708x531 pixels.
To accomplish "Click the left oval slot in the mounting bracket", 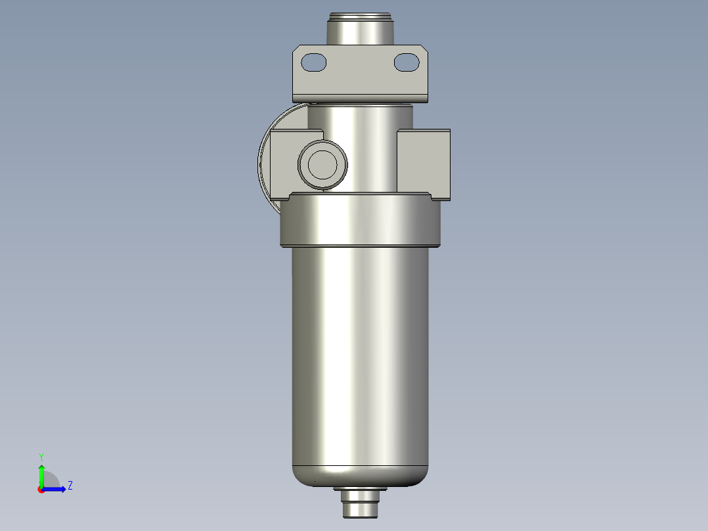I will tap(313, 62).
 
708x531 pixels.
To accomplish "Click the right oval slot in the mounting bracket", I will tap(407, 62).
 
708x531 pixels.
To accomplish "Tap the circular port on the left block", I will tap(322, 164).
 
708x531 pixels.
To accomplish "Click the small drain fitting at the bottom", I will tap(359, 507).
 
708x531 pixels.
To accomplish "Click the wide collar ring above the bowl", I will tap(359, 221).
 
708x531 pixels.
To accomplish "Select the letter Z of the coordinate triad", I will tap(70, 486).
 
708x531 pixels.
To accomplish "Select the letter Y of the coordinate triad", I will tap(41, 456).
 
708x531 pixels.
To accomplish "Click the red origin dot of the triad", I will tap(41, 490).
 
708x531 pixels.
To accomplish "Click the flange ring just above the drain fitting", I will tap(359, 489).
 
